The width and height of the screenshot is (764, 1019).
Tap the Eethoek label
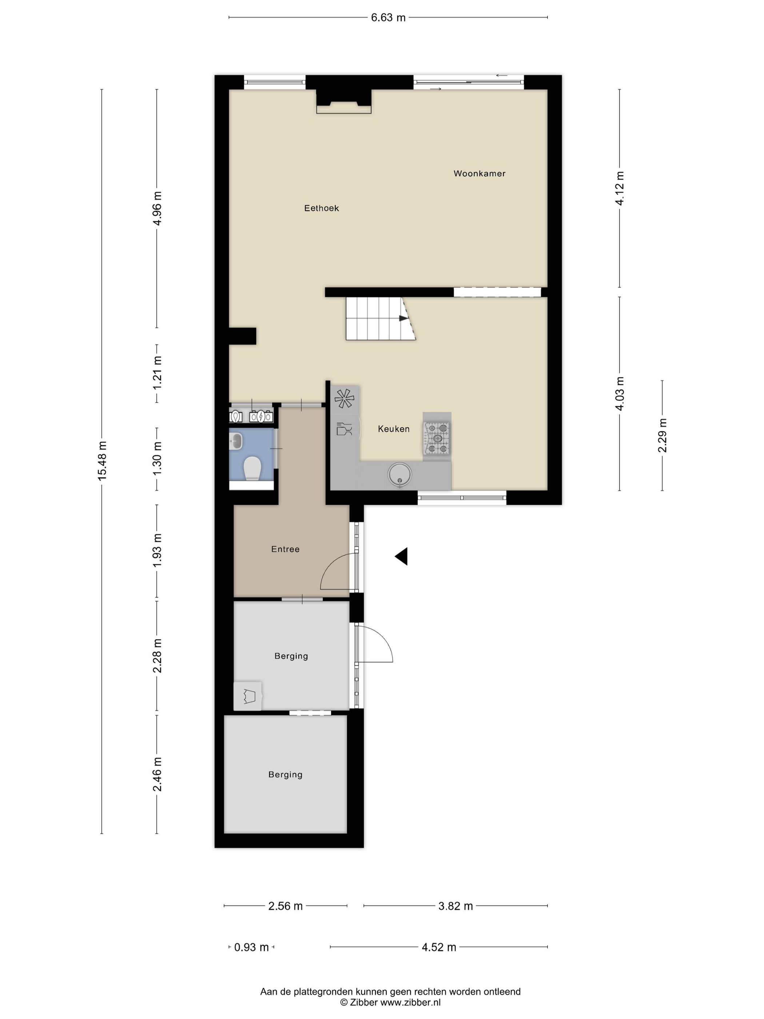click(x=322, y=208)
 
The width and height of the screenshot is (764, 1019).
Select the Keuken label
click(x=393, y=429)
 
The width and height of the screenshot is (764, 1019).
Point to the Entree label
click(x=285, y=549)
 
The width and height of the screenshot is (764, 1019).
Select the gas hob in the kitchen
click(x=437, y=438)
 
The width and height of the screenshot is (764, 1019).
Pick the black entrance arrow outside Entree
click(x=401, y=556)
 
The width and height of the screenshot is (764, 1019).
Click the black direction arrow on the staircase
click(x=403, y=318)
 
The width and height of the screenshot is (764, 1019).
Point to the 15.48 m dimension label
click(x=102, y=461)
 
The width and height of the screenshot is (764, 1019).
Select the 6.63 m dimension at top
click(x=388, y=17)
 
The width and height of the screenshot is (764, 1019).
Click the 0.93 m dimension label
click(x=251, y=947)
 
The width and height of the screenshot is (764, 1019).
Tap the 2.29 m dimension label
click(x=662, y=435)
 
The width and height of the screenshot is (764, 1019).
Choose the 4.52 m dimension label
click(x=439, y=947)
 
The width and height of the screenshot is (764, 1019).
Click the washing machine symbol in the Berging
click(x=248, y=695)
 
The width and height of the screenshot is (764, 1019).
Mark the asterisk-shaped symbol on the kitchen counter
click(x=345, y=399)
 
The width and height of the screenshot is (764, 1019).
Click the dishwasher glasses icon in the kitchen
click(x=345, y=429)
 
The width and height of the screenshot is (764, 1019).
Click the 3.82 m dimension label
click(x=455, y=906)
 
